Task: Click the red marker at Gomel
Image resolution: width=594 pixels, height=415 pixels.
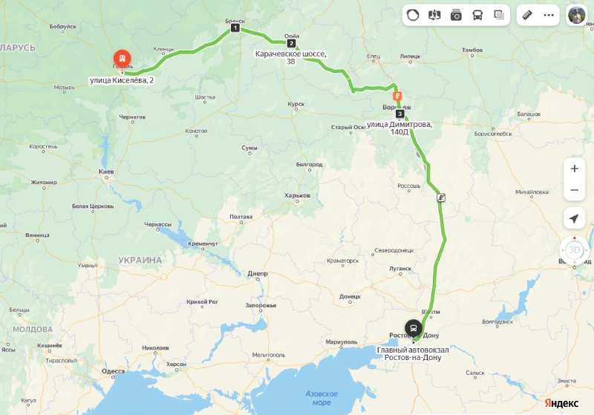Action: tap(121, 59)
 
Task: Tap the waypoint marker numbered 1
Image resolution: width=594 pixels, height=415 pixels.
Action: tap(235, 28)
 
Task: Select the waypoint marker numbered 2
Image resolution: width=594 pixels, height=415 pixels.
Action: tap(291, 43)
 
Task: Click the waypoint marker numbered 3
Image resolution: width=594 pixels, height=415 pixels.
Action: tap(400, 114)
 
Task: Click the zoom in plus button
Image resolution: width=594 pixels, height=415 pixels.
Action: tap(574, 169)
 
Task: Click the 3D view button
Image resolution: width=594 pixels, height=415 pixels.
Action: tap(574, 249)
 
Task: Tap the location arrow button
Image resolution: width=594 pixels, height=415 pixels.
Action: tap(574, 218)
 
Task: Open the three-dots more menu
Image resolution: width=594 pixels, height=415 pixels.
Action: tap(549, 15)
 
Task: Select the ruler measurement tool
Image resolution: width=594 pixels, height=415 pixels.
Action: tap(527, 15)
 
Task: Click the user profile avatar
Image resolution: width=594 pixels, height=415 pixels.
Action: tap(577, 15)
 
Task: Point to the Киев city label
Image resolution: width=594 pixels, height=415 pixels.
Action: tap(105, 171)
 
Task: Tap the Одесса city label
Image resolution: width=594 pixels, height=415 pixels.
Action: tap(113, 370)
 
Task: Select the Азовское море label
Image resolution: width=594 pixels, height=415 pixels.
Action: tap(322, 397)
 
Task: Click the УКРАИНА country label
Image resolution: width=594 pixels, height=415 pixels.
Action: tap(140, 260)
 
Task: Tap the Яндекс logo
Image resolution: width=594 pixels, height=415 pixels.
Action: tap(561, 402)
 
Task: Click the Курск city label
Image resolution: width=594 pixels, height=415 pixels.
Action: tap(296, 104)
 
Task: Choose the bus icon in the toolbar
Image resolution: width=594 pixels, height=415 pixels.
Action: tap(477, 15)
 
